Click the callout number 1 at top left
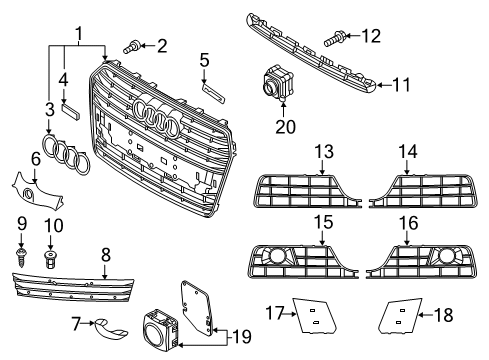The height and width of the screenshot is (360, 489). pyautogui.click(x=77, y=33)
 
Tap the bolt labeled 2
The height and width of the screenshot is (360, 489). pyautogui.click(x=133, y=45)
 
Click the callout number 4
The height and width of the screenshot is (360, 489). pyautogui.click(x=63, y=77)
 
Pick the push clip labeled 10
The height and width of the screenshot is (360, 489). pyautogui.click(x=53, y=260)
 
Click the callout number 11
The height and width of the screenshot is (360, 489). pyautogui.click(x=401, y=85)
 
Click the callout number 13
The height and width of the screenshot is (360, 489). pyautogui.click(x=324, y=152)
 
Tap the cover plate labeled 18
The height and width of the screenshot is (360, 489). pyautogui.click(x=396, y=318)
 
